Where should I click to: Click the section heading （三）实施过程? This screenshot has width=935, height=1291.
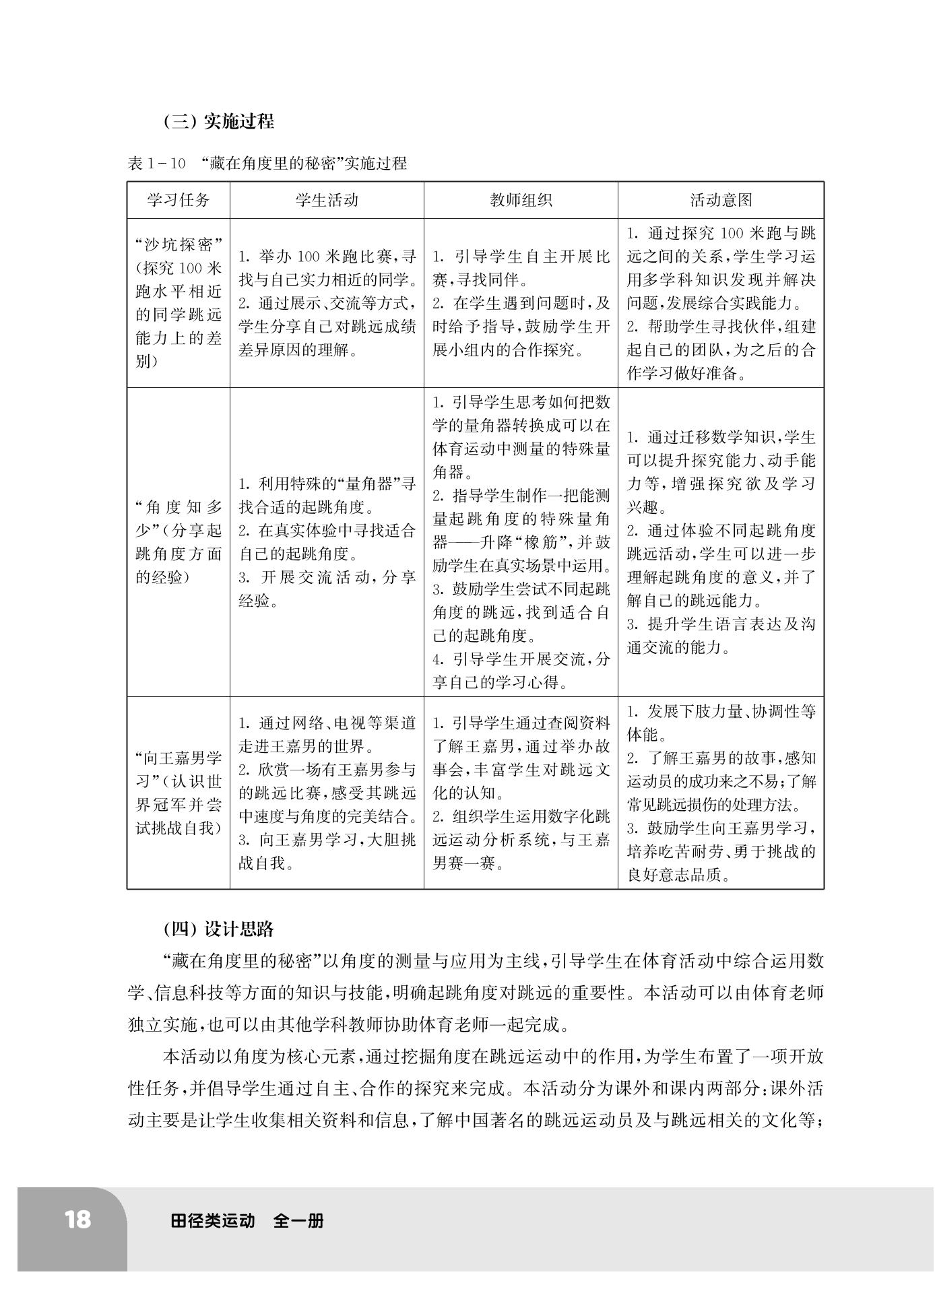[219, 121]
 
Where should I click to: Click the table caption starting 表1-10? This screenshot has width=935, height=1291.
[267, 163]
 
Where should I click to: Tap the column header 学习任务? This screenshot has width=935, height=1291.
[179, 200]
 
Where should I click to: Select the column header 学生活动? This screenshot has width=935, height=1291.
[327, 200]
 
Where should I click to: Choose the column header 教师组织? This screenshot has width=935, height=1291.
[521, 200]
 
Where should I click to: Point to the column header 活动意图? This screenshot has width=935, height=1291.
[721, 200]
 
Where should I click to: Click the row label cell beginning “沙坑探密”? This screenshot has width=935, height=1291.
[179, 302]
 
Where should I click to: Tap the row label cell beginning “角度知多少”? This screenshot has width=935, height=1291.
[179, 542]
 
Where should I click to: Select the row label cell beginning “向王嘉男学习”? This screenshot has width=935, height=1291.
[179, 793]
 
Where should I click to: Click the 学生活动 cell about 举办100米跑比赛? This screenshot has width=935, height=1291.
[327, 302]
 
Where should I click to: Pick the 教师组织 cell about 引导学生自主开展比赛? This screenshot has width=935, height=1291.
[521, 302]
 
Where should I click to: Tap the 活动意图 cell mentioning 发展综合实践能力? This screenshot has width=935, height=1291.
[721, 302]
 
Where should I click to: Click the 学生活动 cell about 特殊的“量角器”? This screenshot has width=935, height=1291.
[327, 542]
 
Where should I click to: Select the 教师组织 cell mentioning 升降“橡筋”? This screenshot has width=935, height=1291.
[521, 542]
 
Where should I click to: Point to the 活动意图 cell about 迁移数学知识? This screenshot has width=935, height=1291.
[721, 542]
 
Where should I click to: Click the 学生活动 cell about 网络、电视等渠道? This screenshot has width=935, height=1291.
[327, 793]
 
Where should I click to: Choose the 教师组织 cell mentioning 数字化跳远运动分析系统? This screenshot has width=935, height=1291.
[521, 793]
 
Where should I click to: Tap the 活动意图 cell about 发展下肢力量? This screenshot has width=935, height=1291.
[721, 793]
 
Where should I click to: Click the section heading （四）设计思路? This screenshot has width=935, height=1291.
[219, 929]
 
